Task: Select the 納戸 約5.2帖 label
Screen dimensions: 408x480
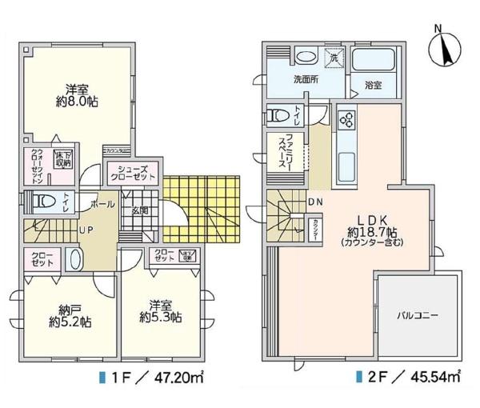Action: click(x=67, y=316)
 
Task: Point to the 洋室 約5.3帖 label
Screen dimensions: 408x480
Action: click(x=158, y=310)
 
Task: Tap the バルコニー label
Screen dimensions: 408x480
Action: click(x=418, y=315)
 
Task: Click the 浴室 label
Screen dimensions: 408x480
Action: click(x=374, y=82)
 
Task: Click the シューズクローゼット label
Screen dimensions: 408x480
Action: click(x=133, y=174)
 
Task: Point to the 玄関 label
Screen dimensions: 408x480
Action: click(x=141, y=211)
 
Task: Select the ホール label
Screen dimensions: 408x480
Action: click(x=102, y=204)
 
